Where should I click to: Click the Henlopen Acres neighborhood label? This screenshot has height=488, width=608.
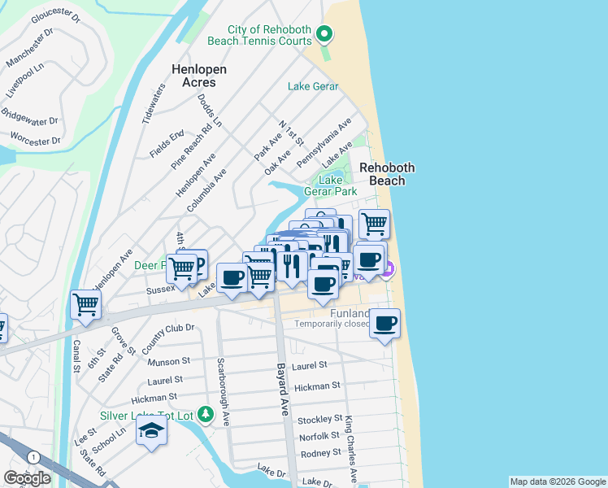click(193, 76)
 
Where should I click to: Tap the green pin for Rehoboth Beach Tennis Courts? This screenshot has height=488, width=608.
click(324, 33)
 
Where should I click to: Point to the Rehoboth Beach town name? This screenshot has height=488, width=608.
click(387, 174)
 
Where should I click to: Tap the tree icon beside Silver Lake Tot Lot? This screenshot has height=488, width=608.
click(207, 415)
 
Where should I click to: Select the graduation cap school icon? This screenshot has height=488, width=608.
click(150, 430)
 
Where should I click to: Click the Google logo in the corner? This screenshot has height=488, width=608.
click(27, 478)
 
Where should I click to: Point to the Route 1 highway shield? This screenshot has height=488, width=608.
click(33, 458)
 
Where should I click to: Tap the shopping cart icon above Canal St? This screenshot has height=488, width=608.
click(85, 305)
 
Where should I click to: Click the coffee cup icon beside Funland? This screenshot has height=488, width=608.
click(384, 322)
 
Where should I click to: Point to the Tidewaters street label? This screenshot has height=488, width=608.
click(153, 103)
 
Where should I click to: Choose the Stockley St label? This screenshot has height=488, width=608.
click(319, 419)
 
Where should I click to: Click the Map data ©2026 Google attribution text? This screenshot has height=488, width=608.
click(558, 481)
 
